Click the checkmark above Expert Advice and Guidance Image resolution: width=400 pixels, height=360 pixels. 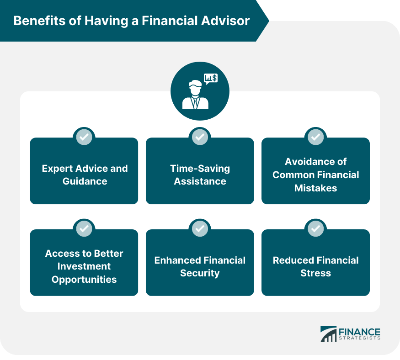(84, 137)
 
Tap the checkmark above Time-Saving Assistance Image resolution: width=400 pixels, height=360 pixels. (200, 137)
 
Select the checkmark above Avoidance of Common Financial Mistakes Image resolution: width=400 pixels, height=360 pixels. (315, 137)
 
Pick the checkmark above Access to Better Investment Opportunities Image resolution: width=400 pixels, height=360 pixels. (84, 228)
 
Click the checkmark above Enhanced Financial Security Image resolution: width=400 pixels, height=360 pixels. (200, 228)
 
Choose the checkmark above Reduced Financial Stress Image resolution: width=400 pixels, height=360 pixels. (315, 228)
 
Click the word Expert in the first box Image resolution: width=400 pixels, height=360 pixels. (57, 169)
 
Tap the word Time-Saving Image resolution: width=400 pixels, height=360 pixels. (200, 169)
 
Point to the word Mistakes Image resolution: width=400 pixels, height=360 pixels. (315, 188)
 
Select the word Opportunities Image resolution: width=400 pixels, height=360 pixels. (84, 280)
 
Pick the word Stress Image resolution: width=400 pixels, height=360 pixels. (315, 273)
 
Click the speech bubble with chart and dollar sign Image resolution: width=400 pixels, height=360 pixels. (211, 79)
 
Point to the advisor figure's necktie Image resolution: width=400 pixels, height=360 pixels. (195, 102)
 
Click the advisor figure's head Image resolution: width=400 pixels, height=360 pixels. (195, 88)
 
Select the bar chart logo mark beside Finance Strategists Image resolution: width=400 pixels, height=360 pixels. (328, 334)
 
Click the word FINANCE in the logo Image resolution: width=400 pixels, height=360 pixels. (359, 332)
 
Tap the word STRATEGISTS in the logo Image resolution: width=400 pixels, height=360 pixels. (359, 339)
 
